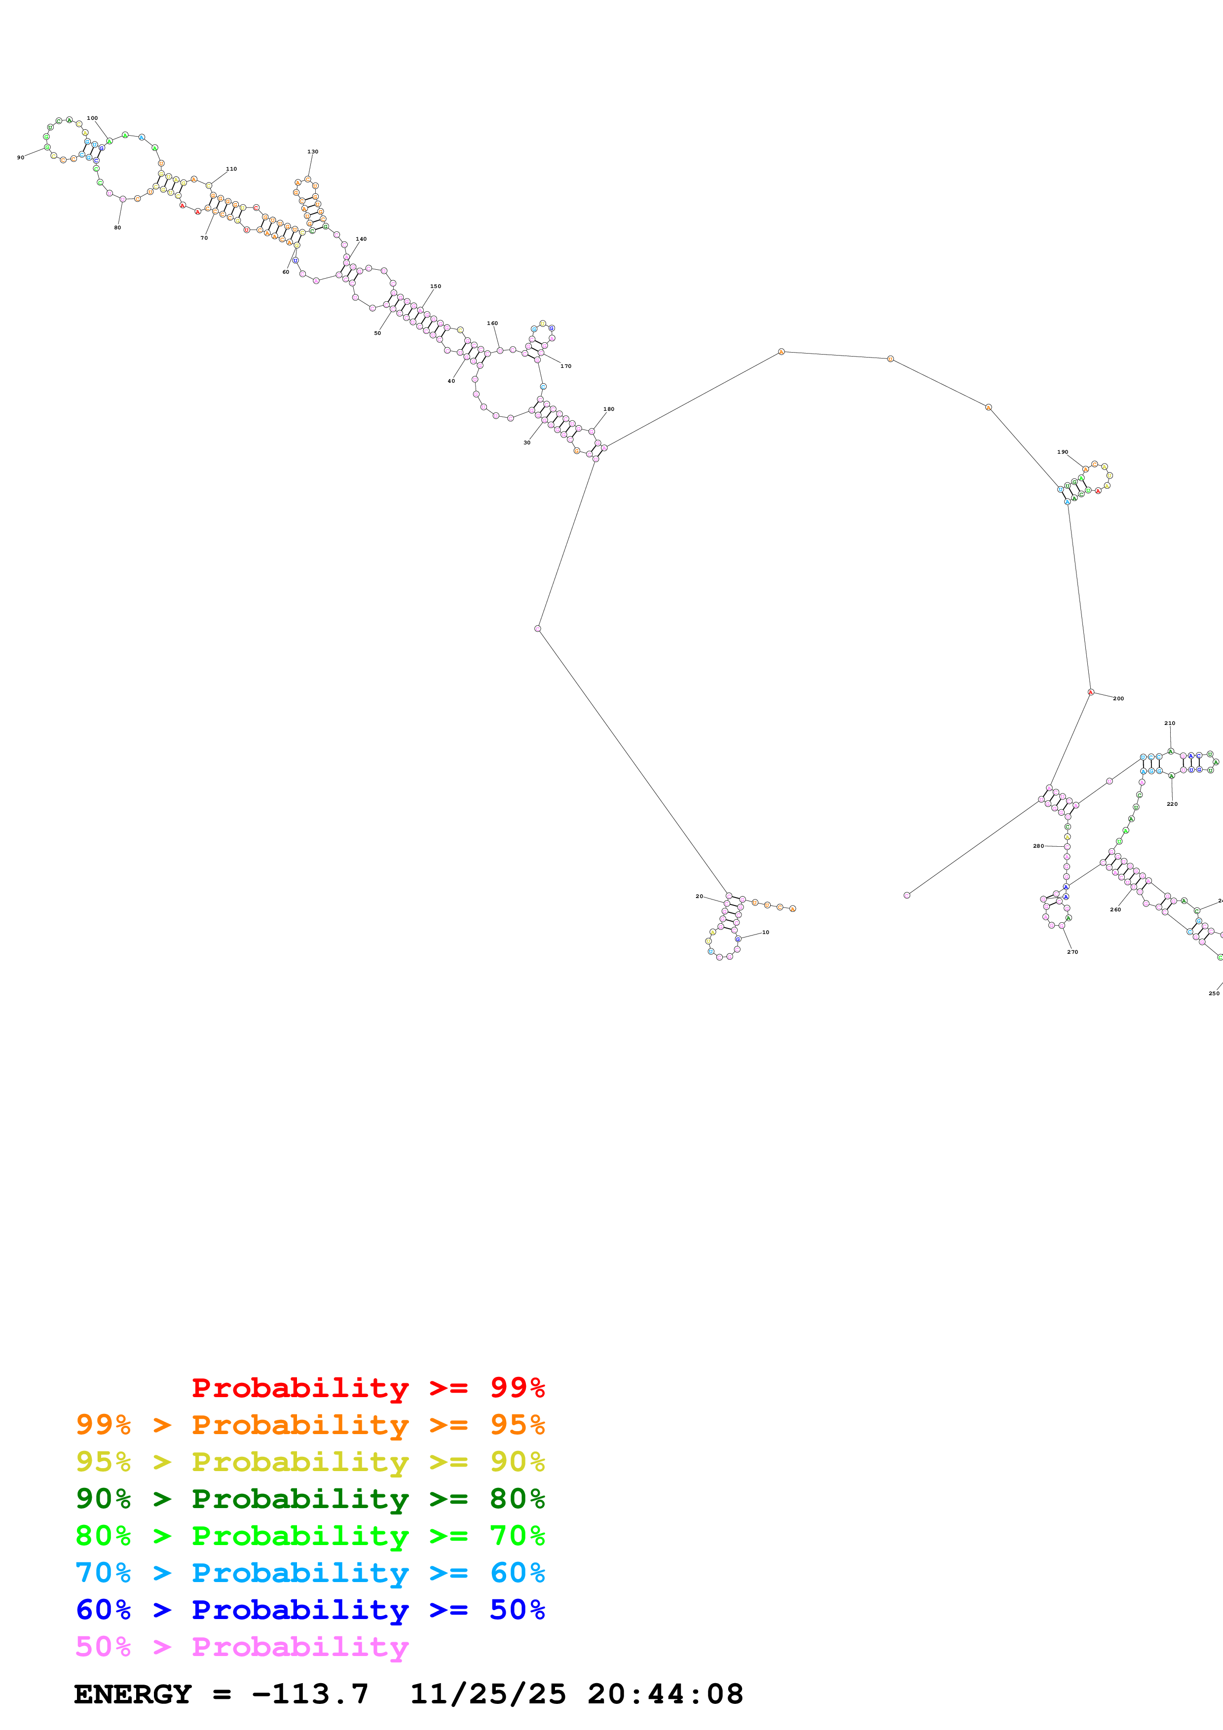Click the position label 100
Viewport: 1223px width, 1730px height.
[92, 118]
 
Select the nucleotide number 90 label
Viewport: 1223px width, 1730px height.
[20, 157]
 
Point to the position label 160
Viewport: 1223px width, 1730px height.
[492, 323]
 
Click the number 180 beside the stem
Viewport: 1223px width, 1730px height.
[609, 409]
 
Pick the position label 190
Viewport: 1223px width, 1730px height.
[1063, 452]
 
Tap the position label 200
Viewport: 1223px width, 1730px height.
[1118, 698]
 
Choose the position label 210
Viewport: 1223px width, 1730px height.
[1170, 723]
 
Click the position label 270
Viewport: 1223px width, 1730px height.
[1073, 952]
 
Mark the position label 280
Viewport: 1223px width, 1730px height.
[1038, 846]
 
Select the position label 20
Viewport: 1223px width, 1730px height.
[699, 896]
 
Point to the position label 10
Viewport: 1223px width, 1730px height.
[766, 932]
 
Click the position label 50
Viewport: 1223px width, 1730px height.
[377, 333]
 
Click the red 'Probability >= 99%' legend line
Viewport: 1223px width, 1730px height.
[368, 1387]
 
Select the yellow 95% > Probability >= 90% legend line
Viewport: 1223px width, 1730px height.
[310, 1462]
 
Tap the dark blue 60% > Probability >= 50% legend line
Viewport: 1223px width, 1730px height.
[310, 1610]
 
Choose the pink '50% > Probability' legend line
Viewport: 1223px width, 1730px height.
[242, 1647]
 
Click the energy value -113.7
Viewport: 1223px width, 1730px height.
[310, 1694]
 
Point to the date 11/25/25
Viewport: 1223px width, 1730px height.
[487, 1694]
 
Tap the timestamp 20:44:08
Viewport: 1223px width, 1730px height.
[666, 1694]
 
